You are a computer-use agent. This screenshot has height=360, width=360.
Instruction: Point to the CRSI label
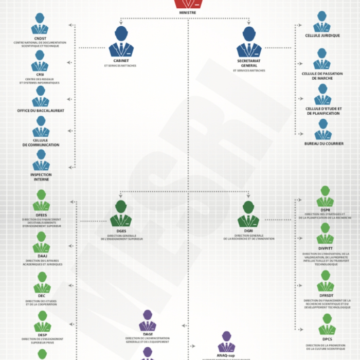point(40,74)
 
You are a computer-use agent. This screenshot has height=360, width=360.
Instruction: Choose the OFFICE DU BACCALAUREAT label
point(41,111)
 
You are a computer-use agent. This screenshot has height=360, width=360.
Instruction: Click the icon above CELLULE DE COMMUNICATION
point(41,127)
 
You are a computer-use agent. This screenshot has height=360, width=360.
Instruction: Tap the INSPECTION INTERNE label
point(41,177)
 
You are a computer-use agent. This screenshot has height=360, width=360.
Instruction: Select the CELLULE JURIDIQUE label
point(322,35)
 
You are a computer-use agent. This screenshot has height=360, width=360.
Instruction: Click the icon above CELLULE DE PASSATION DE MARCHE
point(322,59)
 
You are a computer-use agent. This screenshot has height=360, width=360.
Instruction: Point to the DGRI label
point(249,231)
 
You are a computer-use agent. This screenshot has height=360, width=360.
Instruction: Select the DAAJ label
point(42,256)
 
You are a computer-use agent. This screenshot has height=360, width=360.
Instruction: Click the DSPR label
point(325,210)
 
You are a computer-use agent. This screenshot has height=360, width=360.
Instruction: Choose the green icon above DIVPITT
point(325,233)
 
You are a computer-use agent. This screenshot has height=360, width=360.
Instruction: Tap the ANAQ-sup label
point(226,355)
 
